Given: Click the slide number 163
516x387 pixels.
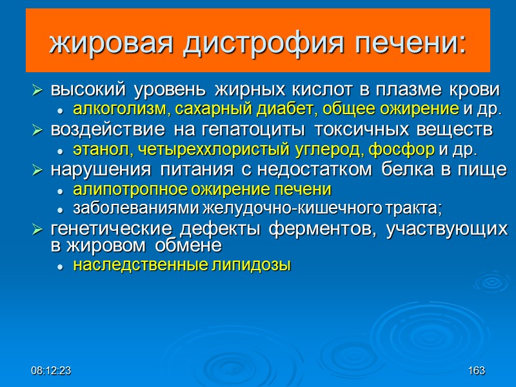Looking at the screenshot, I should tap(477, 372).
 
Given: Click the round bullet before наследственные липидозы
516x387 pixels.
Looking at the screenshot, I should tap(59, 266).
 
